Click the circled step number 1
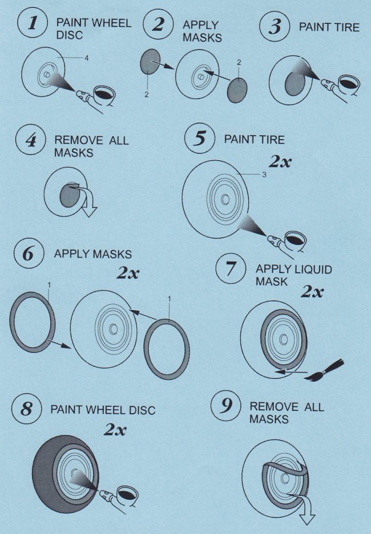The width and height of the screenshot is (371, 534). click(32, 23)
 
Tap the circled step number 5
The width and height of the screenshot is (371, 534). click(200, 138)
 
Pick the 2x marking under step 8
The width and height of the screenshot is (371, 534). click(115, 430)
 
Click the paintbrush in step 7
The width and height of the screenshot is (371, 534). click(326, 370)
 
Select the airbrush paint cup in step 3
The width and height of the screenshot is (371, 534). click(349, 84)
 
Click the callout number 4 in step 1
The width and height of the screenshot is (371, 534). click(87, 58)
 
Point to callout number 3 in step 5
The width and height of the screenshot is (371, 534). click(264, 175)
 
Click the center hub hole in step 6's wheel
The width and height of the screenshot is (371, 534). click(113, 329)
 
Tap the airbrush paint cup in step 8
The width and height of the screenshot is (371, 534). click(127, 495)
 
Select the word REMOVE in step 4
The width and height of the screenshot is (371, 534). click(79, 140)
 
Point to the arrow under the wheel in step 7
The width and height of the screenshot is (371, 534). click(291, 372)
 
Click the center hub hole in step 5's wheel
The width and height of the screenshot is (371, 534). click(225, 199)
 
